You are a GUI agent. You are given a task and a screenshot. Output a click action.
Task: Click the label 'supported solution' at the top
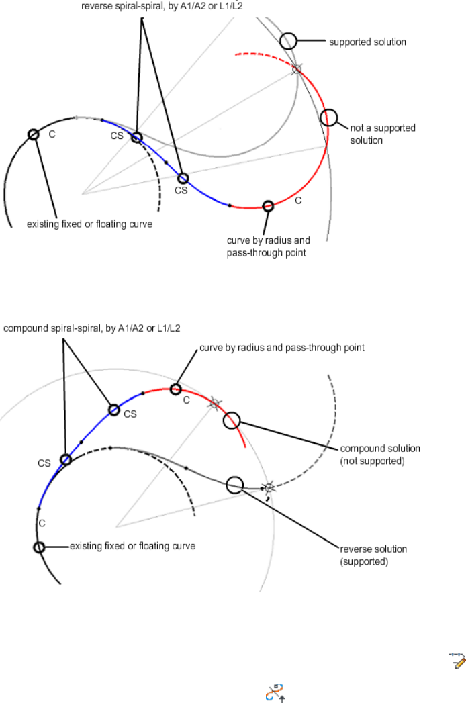pyautogui.click(x=367, y=42)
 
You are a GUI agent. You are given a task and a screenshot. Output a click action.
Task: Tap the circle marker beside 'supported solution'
pyautogui.click(x=288, y=40)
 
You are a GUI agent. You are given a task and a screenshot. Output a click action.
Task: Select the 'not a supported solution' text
pyautogui.click(x=383, y=134)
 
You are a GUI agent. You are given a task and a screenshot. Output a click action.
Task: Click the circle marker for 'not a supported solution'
pyautogui.click(x=328, y=118)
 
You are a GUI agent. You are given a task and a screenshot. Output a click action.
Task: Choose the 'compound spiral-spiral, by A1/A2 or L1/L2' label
pyautogui.click(x=93, y=328)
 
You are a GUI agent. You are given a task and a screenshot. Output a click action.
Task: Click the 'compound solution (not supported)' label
pyautogui.click(x=380, y=455)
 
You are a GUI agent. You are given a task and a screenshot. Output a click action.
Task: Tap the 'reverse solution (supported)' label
pyautogui.click(x=373, y=555)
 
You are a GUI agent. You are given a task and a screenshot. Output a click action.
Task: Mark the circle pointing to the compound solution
pyautogui.click(x=231, y=420)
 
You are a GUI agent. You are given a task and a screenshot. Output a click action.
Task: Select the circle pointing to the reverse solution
pyautogui.click(x=234, y=484)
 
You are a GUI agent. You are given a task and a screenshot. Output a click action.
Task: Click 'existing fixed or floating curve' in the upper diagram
pyautogui.click(x=89, y=224)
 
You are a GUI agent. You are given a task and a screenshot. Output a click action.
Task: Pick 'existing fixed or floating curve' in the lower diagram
pyautogui.click(x=132, y=546)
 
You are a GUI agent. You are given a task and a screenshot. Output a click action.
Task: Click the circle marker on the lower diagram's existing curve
pyautogui.click(x=39, y=547)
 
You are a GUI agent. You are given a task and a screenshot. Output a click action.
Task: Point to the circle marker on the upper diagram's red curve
pyautogui.click(x=268, y=206)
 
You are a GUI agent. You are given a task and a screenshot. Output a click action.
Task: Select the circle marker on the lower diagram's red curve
pyautogui.click(x=175, y=389)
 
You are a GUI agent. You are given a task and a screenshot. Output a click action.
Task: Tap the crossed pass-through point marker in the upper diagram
pyautogui.click(x=297, y=68)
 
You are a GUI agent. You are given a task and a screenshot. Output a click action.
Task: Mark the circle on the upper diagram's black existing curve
pyautogui.click(x=33, y=134)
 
